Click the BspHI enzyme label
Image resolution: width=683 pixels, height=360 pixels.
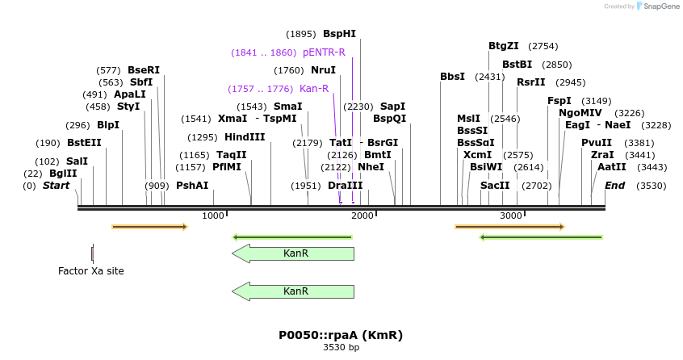tap(339, 34)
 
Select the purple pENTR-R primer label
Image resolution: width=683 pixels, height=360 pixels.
tap(324, 52)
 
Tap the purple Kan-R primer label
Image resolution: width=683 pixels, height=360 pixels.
tap(314, 89)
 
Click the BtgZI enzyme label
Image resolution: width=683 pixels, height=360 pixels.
tap(504, 46)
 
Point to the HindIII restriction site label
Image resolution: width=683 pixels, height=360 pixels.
tap(245, 137)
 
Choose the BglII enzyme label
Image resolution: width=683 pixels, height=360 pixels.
tap(63, 174)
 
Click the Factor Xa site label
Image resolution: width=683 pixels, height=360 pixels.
tap(91, 271)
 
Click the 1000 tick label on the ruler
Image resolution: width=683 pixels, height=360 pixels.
tap(213, 216)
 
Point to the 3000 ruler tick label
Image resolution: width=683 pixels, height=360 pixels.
tap(511, 216)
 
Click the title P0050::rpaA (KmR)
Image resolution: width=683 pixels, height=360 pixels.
tap(341, 335)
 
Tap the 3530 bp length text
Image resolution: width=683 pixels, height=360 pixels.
tap(341, 348)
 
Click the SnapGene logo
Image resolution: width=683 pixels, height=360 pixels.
tap(658, 6)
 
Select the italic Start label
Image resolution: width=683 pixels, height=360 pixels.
tap(57, 186)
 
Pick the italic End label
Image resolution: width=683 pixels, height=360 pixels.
tap(615, 186)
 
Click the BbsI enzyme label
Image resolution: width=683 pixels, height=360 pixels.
tap(452, 77)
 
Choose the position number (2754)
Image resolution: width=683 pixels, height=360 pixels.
tap(543, 46)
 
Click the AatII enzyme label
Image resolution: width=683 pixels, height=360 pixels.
tap(612, 167)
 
